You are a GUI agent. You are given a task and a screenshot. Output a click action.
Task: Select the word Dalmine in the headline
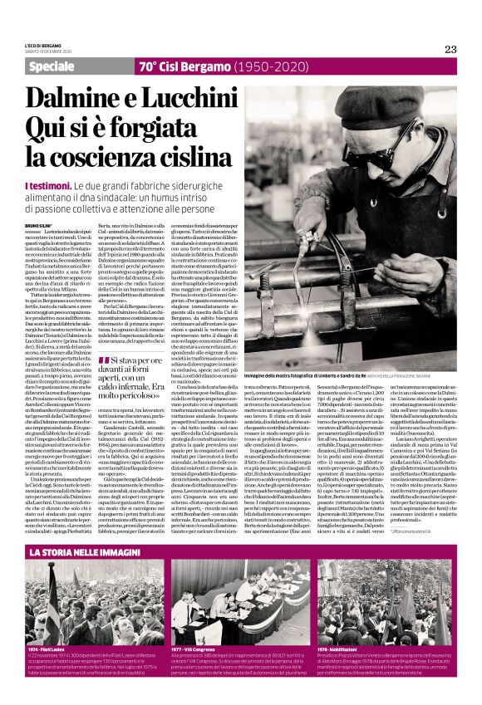(66, 95)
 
